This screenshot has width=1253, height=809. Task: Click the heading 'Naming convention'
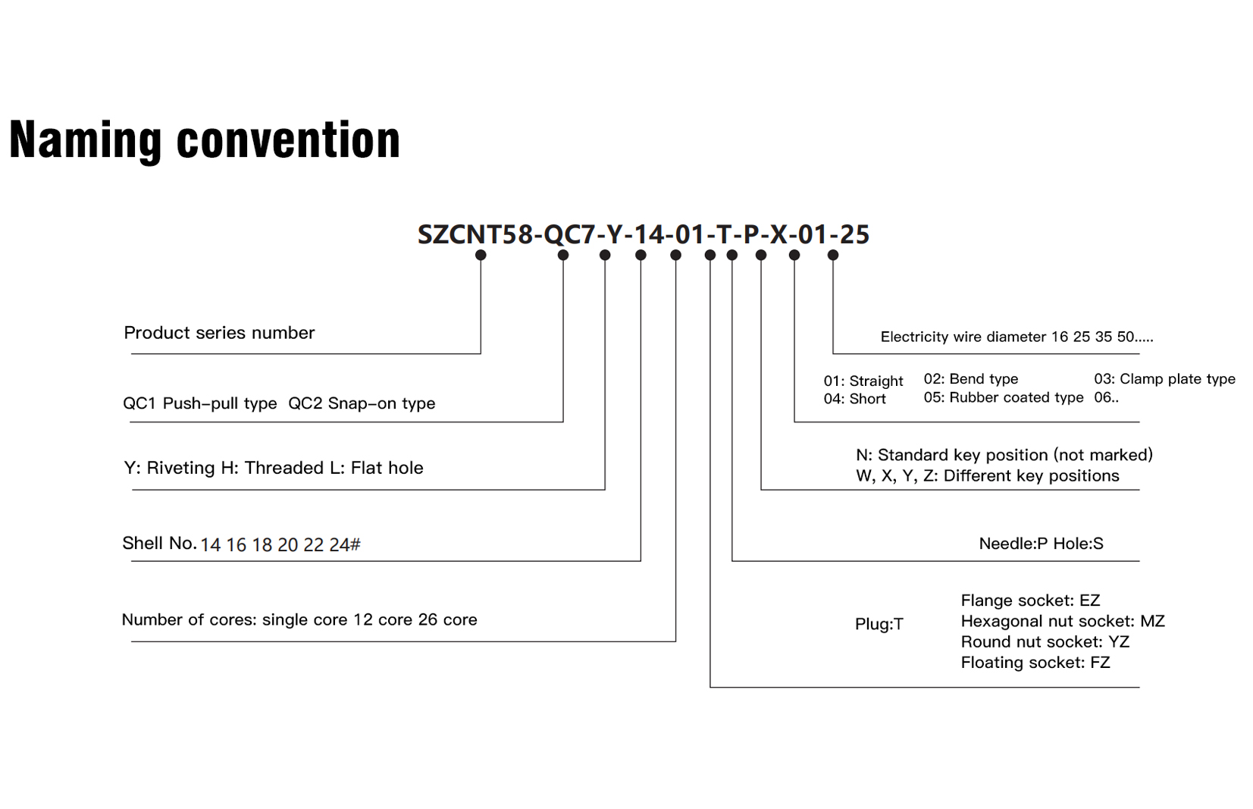pos(205,140)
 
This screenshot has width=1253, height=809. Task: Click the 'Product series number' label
pos(219,333)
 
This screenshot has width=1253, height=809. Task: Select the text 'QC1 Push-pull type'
pos(199,403)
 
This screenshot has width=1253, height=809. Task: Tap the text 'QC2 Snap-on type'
pos(362,403)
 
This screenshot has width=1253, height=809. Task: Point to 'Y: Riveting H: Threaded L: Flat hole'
pos(274,468)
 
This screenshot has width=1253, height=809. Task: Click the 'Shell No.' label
pos(159,543)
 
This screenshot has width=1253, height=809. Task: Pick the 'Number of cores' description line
pos(299,620)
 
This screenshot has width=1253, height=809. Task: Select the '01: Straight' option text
pos(863,381)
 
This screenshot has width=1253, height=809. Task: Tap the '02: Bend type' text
pos(970,379)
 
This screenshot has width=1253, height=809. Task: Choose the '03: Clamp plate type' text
pos(1164,379)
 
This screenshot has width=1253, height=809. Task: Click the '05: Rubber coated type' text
pos(1004,397)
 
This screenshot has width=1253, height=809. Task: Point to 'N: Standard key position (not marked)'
pos(1004,455)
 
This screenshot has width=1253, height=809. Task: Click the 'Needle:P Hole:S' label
pos(1041,543)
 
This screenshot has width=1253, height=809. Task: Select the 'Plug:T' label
pos(879,624)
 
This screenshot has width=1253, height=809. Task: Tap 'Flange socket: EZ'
pos(1030,600)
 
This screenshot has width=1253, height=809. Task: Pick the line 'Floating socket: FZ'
pos(1035,663)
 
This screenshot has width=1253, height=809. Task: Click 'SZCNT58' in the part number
pos(475,234)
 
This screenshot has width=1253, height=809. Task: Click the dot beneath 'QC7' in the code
pos(563,255)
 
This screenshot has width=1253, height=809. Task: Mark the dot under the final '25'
pos(833,255)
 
